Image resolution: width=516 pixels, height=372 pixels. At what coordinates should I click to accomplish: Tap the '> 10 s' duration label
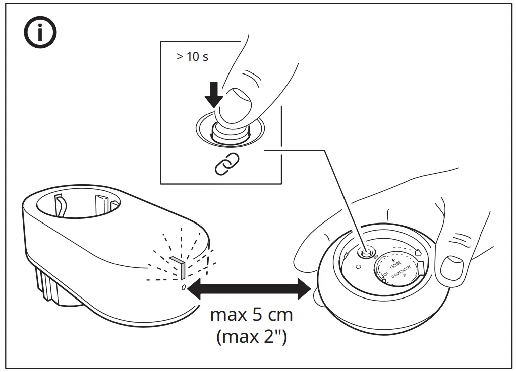click(x=192, y=56)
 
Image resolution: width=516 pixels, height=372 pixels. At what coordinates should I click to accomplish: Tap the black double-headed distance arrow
click(x=251, y=288)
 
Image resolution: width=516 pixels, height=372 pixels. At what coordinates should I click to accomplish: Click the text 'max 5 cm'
click(x=251, y=316)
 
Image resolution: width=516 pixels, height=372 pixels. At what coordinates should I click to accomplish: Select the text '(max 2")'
click(x=252, y=336)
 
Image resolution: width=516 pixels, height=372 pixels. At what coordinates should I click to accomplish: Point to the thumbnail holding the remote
click(x=451, y=267)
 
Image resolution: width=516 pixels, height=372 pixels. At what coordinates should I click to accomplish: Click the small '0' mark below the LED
click(x=183, y=287)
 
